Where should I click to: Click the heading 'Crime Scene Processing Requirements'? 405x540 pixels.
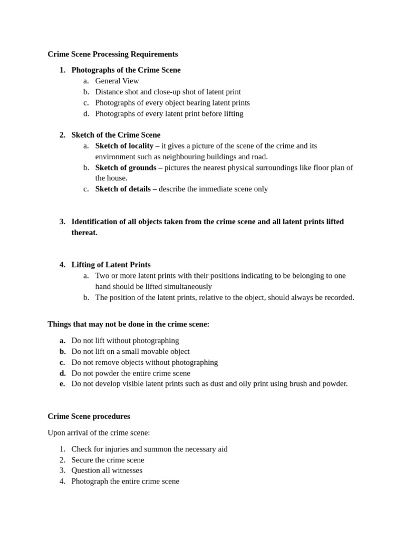pos(112,54)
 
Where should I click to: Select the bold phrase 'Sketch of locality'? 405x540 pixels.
pos(124,146)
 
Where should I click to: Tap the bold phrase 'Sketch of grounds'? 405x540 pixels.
pos(126,168)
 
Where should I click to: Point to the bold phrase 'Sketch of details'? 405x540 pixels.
pos(123,189)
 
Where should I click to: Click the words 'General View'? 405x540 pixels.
pos(117,81)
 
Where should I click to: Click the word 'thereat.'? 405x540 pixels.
pos(84,233)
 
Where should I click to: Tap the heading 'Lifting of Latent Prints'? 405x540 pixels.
pos(111,265)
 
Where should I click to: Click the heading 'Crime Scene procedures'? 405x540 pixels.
pos(89,416)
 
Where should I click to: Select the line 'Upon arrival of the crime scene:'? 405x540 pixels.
pos(99,432)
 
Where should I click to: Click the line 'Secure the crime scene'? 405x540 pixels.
pos(108,460)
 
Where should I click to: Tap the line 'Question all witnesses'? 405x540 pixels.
pos(107,470)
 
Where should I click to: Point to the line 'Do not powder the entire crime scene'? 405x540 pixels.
pos(131,373)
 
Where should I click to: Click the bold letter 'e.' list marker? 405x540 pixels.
pos(62,383)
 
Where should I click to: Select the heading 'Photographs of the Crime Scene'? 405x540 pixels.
pos(126,70)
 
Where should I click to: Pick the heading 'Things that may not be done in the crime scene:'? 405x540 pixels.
pos(128,324)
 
